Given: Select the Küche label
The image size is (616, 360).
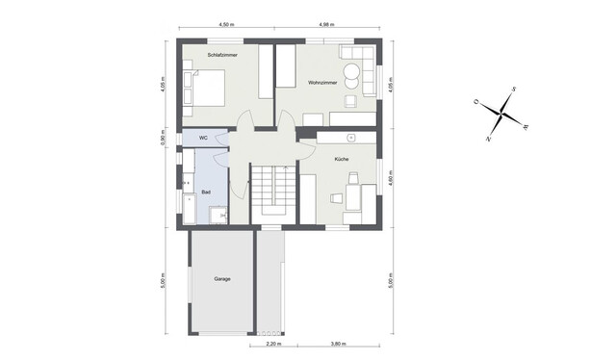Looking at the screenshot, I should [341, 158].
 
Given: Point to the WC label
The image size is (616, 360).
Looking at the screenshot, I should [203, 139].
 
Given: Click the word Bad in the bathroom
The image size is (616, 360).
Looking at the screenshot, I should [205, 192].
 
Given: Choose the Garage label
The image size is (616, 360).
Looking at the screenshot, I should [220, 279].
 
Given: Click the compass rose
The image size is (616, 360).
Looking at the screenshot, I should [500, 115].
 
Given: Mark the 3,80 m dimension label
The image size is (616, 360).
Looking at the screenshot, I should [338, 343].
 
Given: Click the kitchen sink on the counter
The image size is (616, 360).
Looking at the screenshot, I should [352, 138].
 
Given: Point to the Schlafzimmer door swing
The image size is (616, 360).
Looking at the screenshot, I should [246, 120].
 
